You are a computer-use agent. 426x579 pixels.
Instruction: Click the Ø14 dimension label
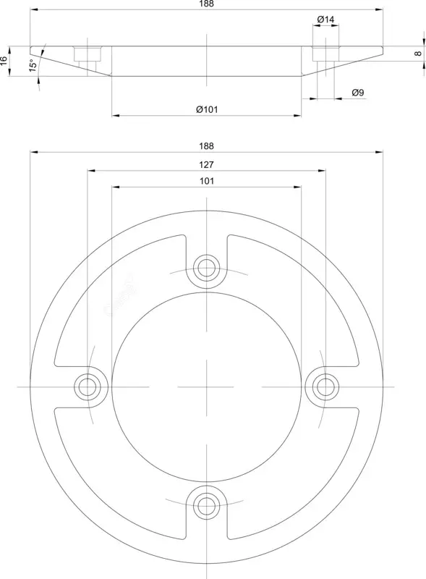[x=325, y=20]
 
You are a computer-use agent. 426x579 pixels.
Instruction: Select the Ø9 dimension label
[x=358, y=93]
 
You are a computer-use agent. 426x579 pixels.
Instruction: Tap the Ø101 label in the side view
[x=207, y=109]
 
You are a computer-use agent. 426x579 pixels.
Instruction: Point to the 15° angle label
[x=33, y=66]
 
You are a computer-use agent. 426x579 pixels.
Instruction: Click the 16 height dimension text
[x=4, y=61]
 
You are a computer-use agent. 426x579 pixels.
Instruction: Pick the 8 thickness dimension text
[x=418, y=53]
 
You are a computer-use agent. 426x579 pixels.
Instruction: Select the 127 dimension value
[x=206, y=165]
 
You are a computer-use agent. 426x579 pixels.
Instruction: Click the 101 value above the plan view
[x=207, y=181]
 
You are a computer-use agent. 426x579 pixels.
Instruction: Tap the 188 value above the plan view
[x=206, y=146]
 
